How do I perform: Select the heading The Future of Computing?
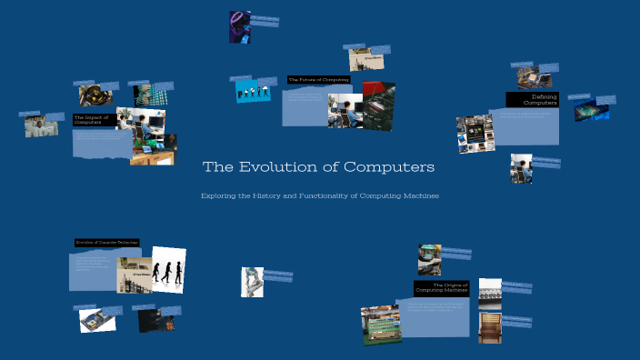tap(318, 80)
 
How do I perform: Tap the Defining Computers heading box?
tap(531, 100)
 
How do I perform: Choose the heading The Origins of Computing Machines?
tap(441, 288)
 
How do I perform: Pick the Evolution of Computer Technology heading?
tap(106, 243)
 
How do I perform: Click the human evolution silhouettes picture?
tap(168, 270)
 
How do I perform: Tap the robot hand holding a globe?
tap(252, 281)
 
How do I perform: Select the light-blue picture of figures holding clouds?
tap(254, 92)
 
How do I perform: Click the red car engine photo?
tap(379, 105)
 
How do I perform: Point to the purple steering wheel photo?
tap(240, 27)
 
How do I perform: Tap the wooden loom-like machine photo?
tap(490, 326)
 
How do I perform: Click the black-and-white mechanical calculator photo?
tap(490, 294)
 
